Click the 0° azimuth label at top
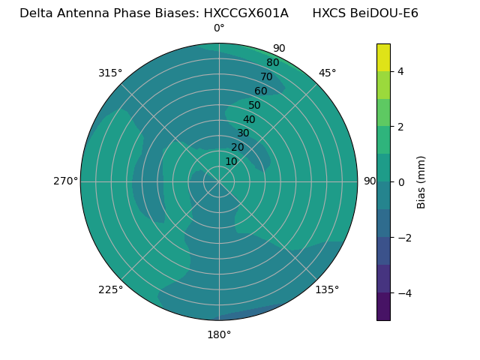219,28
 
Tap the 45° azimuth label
327,73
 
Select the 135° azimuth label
327,289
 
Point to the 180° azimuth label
219,334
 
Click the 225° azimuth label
110,289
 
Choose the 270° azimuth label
65,181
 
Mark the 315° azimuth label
110,73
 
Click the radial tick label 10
231,161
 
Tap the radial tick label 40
249,120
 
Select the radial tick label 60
260,91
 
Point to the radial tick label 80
272,63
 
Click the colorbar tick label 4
400,71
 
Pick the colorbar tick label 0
400,182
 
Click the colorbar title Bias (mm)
421,182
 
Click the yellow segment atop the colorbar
383,57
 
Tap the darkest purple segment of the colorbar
383,307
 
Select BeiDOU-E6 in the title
381,13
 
